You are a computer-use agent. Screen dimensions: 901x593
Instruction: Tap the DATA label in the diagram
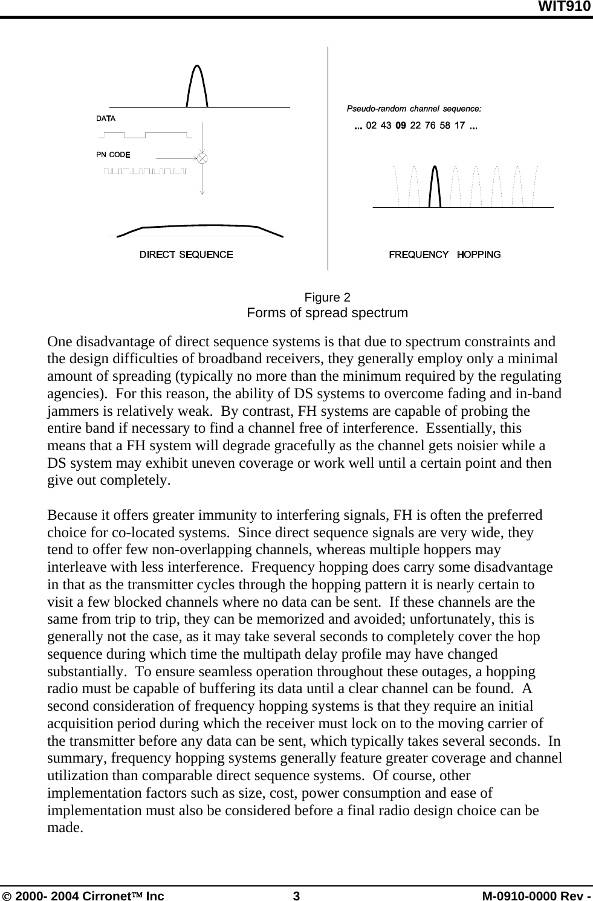tap(106, 118)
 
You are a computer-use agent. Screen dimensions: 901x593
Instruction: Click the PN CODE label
tap(113, 154)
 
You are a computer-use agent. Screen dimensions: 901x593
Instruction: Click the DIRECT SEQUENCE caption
tap(186, 254)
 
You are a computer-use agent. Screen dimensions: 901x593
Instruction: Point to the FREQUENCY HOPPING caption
tap(444, 254)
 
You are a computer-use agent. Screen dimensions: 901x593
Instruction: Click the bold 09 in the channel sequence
tap(400, 126)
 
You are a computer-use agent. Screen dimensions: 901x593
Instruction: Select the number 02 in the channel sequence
tap(372, 126)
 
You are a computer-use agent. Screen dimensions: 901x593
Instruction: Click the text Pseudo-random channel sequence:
tap(413, 109)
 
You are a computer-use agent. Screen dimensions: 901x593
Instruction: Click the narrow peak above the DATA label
tap(197, 85)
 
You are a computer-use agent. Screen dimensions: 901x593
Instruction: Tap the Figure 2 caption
tap(327, 297)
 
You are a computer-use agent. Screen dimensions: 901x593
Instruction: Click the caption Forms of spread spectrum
tap(327, 313)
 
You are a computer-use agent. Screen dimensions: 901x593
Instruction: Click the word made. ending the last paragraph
tap(65, 827)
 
